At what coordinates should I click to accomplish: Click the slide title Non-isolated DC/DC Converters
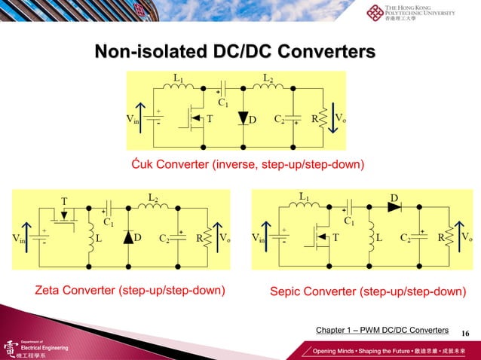pyautogui.click(x=234, y=52)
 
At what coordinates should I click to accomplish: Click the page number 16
pyautogui.click(x=464, y=331)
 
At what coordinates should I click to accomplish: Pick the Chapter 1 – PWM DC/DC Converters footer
pyautogui.click(x=382, y=331)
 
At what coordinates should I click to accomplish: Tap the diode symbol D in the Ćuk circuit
pyautogui.click(x=244, y=120)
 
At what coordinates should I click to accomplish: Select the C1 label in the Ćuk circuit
pyautogui.click(x=224, y=102)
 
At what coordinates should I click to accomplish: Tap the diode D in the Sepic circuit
pyautogui.click(x=394, y=207)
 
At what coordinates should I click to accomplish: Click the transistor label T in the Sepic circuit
pyautogui.click(x=335, y=237)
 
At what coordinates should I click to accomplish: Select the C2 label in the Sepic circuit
pyautogui.click(x=406, y=238)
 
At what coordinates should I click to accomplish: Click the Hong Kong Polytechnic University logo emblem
pyautogui.click(x=374, y=14)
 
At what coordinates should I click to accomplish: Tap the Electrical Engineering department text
pyautogui.click(x=44, y=347)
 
